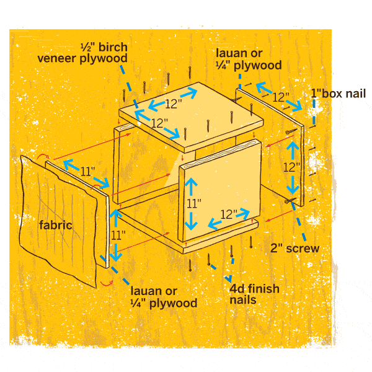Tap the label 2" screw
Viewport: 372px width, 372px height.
(x=294, y=249)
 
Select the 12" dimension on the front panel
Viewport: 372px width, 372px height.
(x=229, y=215)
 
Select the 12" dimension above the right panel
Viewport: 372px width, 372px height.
(x=280, y=97)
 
